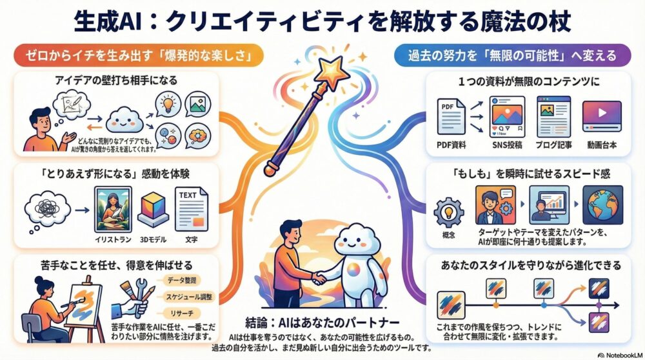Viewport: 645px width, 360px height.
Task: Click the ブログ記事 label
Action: click(x=553, y=145)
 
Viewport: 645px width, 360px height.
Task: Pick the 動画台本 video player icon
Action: click(x=600, y=115)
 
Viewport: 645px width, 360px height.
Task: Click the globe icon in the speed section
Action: click(x=602, y=204)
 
